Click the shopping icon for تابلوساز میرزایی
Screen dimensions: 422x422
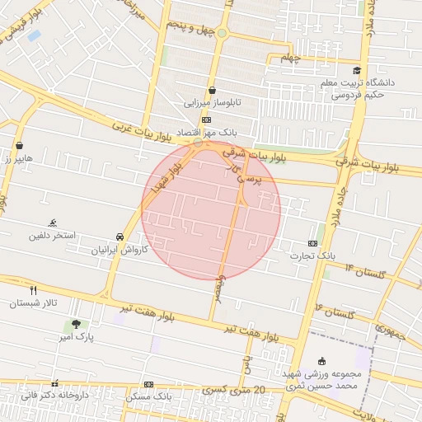(x=212, y=91)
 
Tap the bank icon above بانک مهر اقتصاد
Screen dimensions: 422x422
(x=206, y=120)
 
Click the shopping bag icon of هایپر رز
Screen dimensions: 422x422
(x=19, y=146)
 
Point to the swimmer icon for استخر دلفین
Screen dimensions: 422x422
(x=53, y=223)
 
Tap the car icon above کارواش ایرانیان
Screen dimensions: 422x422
(x=120, y=237)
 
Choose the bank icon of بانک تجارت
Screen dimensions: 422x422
(x=312, y=243)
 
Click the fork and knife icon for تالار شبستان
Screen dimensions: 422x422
(x=34, y=290)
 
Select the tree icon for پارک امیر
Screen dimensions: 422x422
(x=77, y=324)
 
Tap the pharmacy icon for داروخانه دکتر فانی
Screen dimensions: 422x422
(x=55, y=384)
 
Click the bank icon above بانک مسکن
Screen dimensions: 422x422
(x=148, y=384)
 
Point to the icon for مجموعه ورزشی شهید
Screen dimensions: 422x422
(x=321, y=361)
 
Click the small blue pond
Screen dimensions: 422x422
(x=34, y=35)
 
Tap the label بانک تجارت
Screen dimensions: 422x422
(x=312, y=256)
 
